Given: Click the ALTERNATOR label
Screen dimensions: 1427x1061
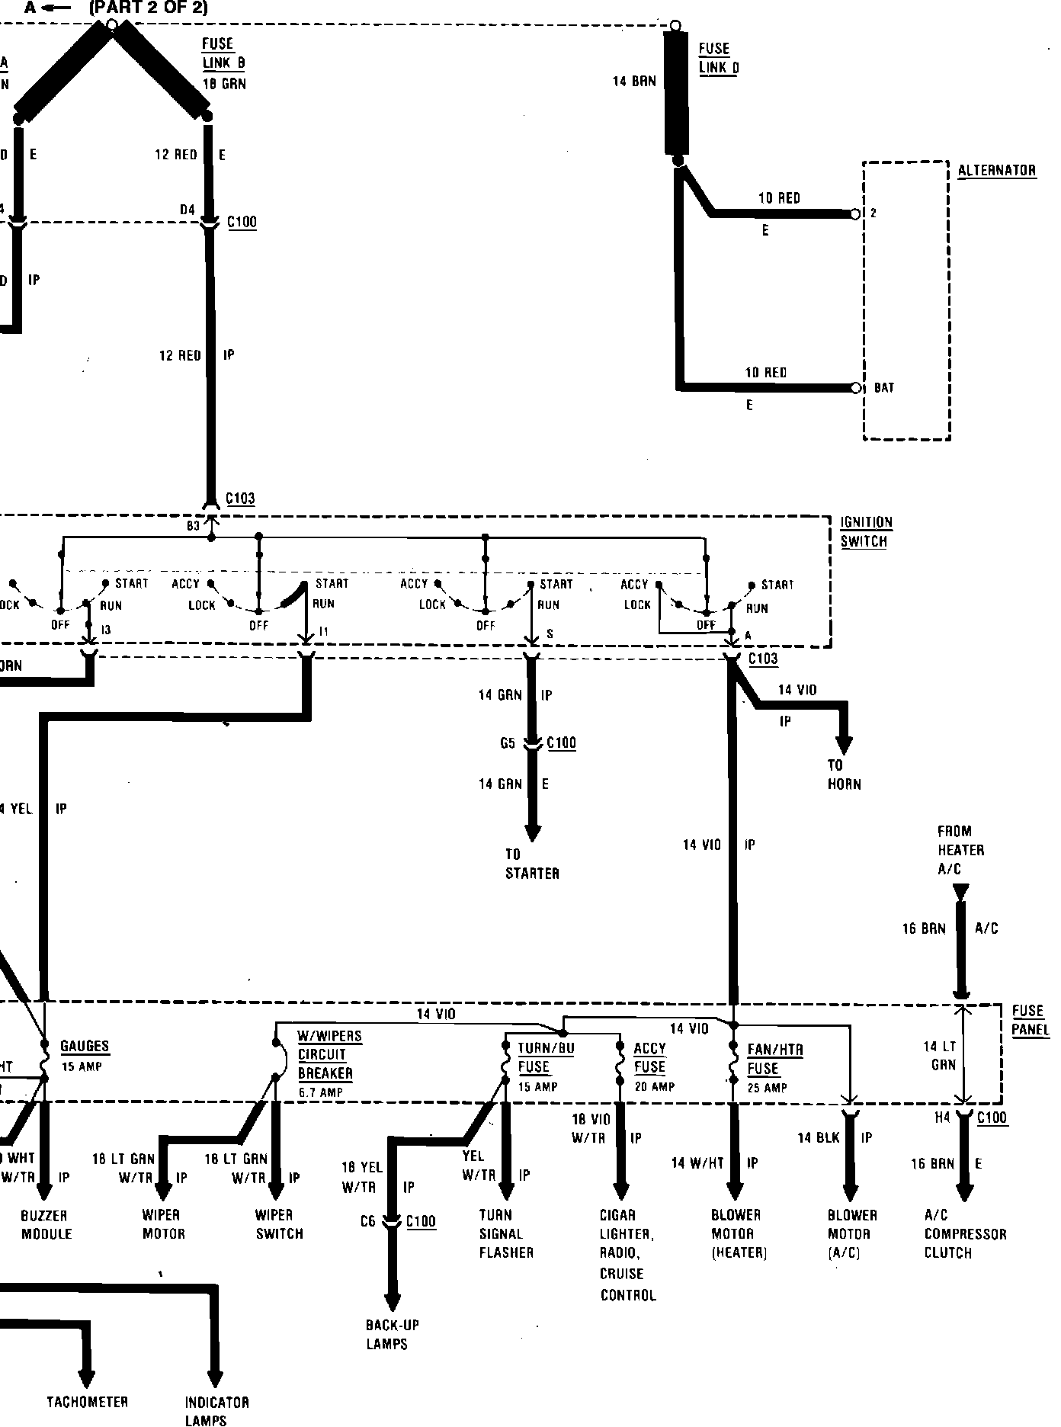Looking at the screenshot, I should (996, 170).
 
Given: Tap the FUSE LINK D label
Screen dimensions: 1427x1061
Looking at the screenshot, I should (718, 58).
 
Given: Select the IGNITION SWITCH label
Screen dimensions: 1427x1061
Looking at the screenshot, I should (866, 532).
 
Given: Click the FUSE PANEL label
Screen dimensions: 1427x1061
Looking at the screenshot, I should (1030, 1020).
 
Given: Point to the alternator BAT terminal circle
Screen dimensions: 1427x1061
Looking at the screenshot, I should (856, 388).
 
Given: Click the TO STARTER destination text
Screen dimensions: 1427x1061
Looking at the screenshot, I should (532, 864).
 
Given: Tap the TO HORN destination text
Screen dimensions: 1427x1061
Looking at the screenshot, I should (844, 774).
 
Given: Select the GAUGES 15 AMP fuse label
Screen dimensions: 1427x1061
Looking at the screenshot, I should (84, 1056).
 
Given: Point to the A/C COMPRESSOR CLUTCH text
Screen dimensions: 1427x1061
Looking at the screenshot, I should (965, 1233).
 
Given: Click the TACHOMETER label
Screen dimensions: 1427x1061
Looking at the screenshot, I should (87, 1402).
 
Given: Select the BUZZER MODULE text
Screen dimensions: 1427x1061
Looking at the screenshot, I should (46, 1224).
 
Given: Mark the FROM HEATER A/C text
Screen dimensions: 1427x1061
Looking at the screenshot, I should (960, 850).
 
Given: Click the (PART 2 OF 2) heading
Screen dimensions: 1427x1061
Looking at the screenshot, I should (148, 8).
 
